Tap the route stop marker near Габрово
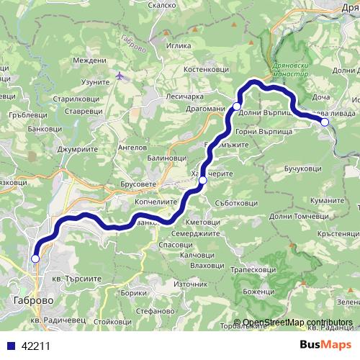pos(35,258)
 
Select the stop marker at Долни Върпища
pos(236,107)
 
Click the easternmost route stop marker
pos(325,122)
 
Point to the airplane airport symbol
pos(120,75)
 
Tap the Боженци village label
pos(259,292)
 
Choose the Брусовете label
pos(139,185)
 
